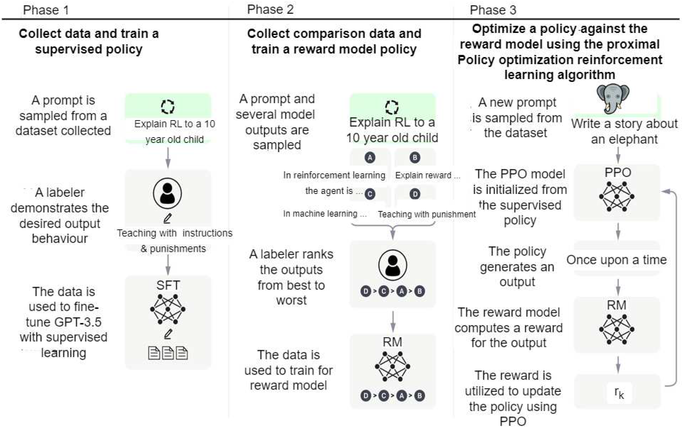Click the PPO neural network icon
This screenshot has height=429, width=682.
coord(617,197)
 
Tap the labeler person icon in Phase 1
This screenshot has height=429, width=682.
coord(167,193)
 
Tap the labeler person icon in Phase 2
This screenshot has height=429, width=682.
coord(393,265)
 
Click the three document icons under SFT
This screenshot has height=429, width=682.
coord(168,353)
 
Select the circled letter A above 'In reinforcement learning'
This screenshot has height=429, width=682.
coord(370,157)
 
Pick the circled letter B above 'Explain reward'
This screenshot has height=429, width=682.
coord(415,157)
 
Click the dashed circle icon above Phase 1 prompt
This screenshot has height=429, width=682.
coord(168,107)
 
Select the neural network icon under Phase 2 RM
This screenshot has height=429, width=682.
coord(392,366)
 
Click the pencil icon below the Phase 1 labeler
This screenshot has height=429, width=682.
coord(168,218)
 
